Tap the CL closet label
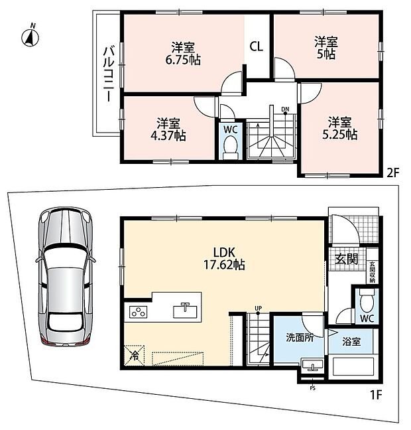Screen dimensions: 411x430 256,46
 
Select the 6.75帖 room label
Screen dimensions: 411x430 183,54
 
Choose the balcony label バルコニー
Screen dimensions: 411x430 109,74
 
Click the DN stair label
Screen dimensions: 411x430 285,109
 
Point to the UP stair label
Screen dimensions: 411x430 258,309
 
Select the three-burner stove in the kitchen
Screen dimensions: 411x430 138,312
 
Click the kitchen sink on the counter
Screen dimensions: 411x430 185,311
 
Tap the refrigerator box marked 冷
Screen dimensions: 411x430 135,356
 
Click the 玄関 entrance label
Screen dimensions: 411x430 347,259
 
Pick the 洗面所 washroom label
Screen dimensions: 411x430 300,338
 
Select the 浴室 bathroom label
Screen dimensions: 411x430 351,342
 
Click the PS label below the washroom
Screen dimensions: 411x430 313,388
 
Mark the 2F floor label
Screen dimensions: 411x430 392,173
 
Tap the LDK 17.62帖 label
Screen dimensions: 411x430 224,258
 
